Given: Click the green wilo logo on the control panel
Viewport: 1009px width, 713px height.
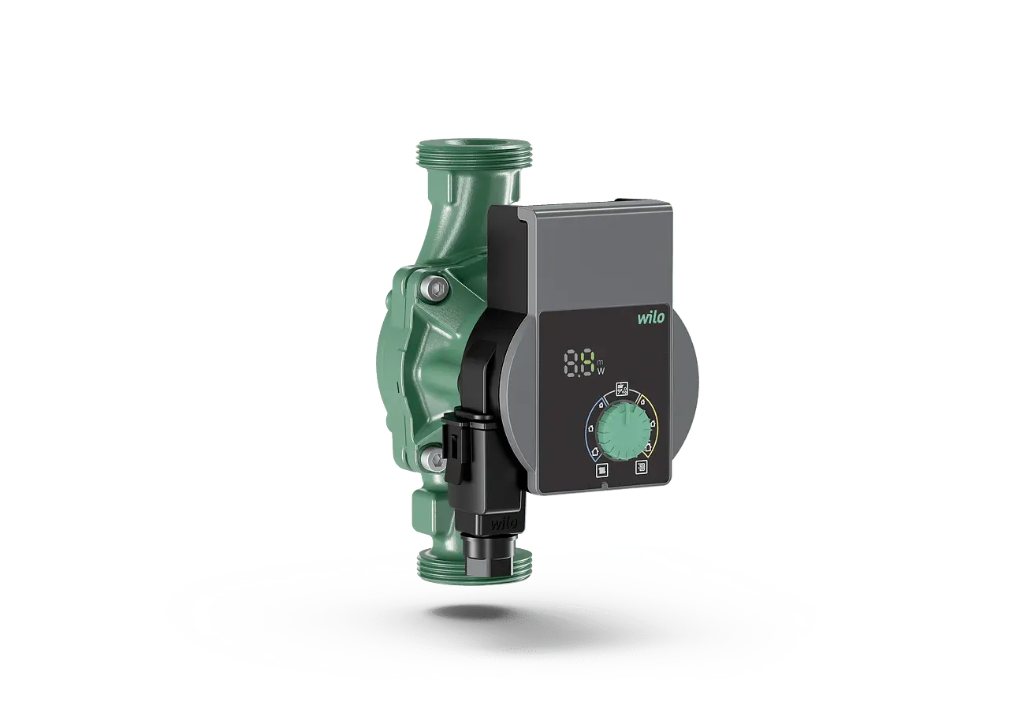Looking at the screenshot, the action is [x=650, y=318].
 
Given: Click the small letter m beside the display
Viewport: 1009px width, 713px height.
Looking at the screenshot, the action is [x=601, y=363].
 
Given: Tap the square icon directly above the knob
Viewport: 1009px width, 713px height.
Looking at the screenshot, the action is [x=623, y=389].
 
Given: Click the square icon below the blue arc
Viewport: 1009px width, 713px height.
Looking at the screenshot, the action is [x=602, y=471].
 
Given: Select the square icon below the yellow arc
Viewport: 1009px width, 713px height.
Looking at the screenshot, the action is [x=641, y=467].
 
